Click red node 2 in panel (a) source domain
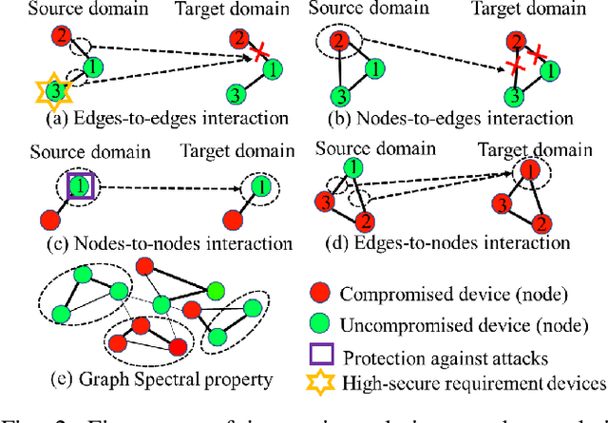60,37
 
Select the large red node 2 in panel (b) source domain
338,41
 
